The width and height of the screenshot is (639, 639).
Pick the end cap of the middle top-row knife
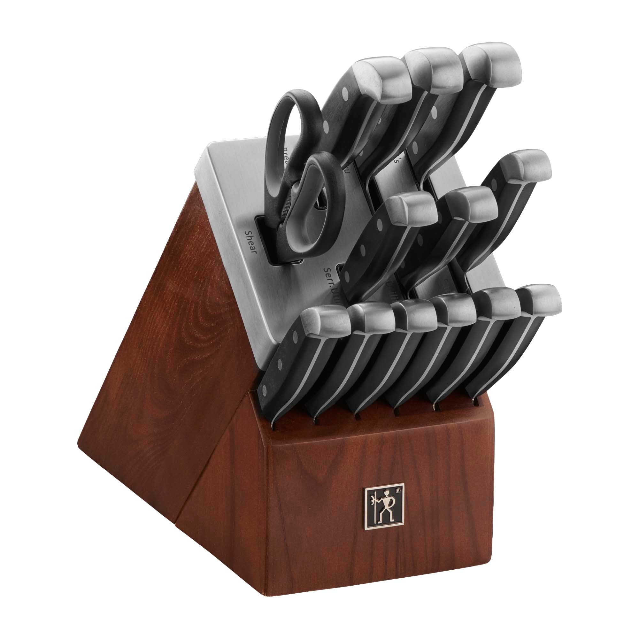pos(436,71)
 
